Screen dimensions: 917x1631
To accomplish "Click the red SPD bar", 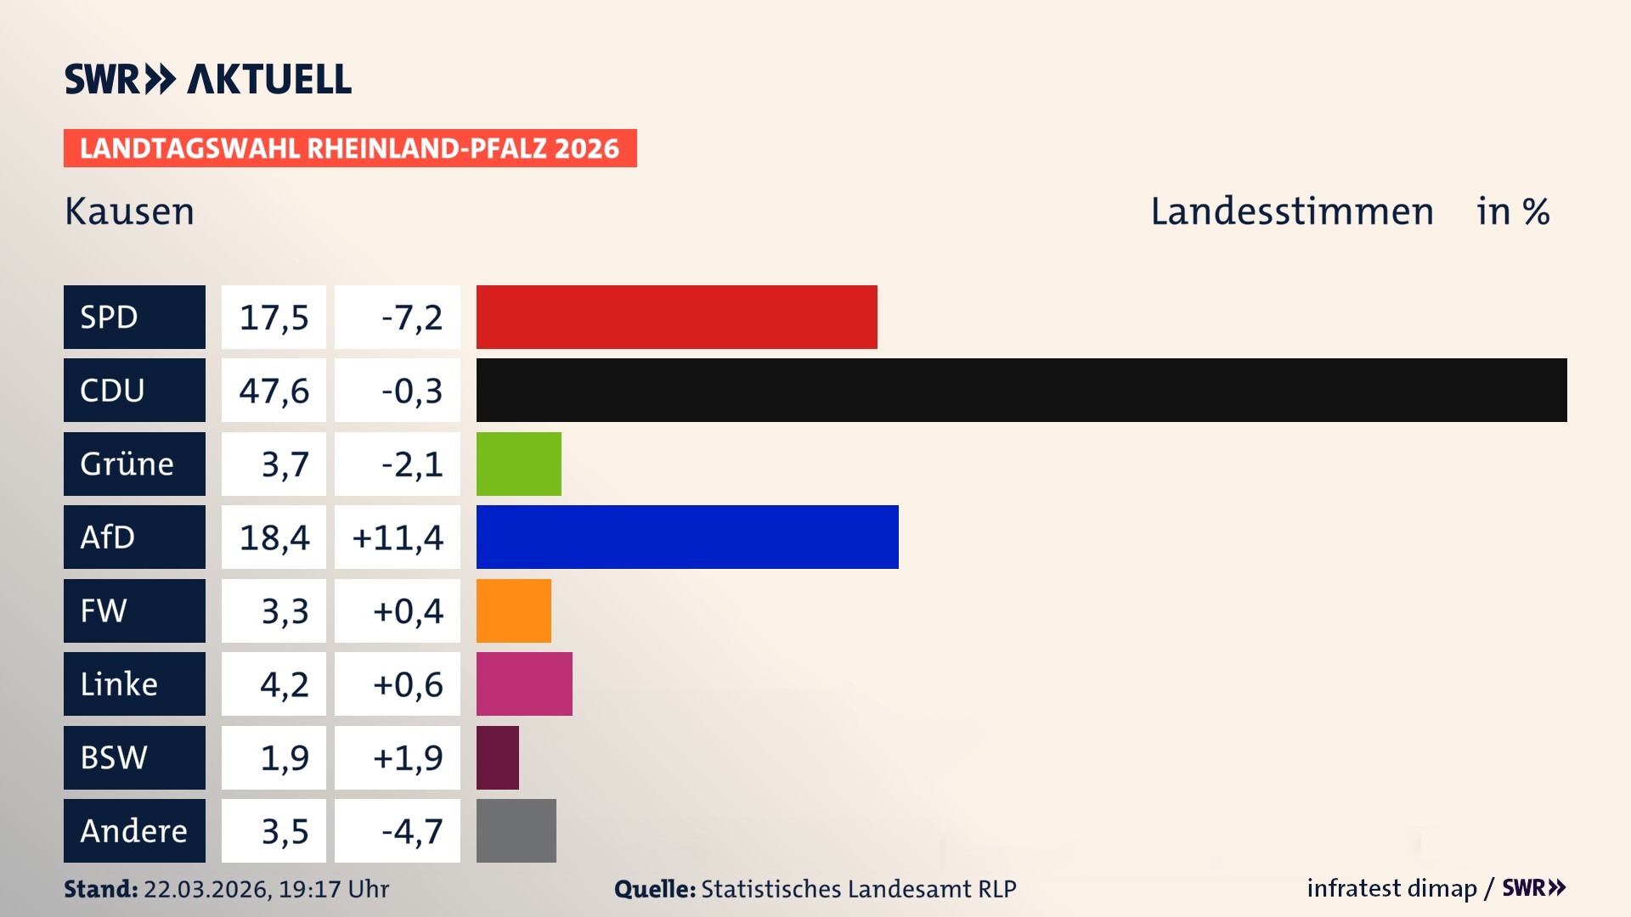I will coord(676,317).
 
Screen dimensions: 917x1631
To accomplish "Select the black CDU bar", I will coord(1021,390).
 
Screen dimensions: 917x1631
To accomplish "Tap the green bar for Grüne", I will coord(518,464).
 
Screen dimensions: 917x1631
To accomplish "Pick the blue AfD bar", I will coord(687,537).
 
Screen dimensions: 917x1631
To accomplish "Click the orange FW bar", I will coord(513,610).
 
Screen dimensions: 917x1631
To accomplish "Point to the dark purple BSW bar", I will coord(497,757).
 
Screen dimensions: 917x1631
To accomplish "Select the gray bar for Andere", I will coord(516,830).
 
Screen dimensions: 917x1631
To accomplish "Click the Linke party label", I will coord(134,684).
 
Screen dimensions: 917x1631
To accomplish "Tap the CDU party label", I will coord(134,390).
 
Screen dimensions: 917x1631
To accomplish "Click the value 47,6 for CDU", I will coord(274,391).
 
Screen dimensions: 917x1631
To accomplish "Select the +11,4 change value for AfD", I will coord(398,537).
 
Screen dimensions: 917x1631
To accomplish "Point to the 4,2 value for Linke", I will coord(284,684).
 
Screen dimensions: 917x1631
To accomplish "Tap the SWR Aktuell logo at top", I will coord(207,79).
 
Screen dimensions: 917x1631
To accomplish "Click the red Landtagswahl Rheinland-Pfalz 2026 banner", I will coord(349,148).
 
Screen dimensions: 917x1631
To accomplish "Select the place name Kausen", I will coord(129,211).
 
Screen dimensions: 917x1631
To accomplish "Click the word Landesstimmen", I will coord(1291,211).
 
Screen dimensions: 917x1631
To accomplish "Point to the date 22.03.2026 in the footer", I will coord(206,889).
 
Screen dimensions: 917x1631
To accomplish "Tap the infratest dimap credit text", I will coord(1391,888).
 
